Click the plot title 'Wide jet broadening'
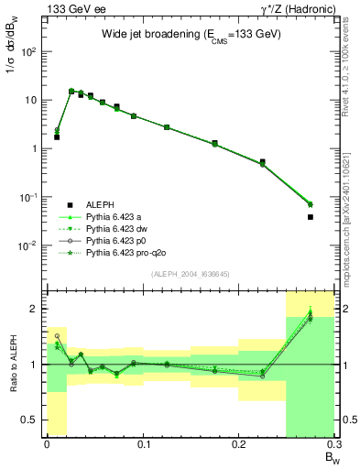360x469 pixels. (x=191, y=34)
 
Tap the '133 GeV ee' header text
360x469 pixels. (x=74, y=8)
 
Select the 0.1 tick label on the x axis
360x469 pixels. (x=142, y=444)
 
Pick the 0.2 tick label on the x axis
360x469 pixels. (x=238, y=444)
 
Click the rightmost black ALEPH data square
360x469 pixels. (x=311, y=217)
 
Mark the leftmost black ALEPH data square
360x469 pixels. (x=57, y=136)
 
